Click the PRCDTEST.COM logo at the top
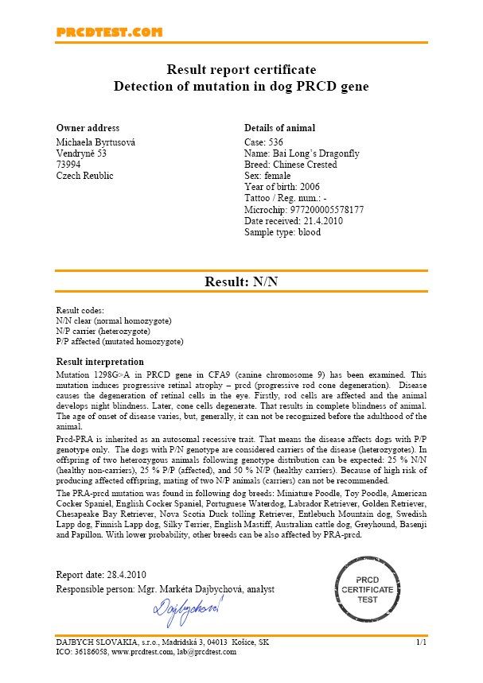click(x=109, y=32)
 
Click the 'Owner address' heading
click(x=88, y=128)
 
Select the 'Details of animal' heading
click(x=279, y=128)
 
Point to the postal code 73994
click(x=69, y=164)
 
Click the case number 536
click(x=275, y=141)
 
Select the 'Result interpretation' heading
click(x=99, y=362)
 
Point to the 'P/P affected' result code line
click(x=119, y=342)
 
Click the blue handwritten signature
click(x=187, y=609)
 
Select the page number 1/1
click(x=421, y=641)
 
